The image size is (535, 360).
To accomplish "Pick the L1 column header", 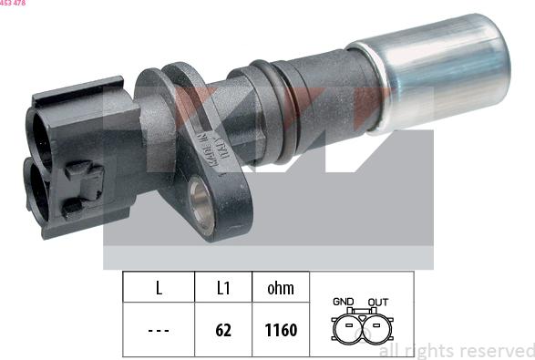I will pos(223,289).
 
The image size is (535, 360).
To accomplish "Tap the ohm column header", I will pos(280,289).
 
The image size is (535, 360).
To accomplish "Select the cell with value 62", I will pos(223,329).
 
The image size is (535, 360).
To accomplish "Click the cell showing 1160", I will pos(280,329).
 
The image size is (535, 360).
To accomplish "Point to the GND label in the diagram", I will pos(344,302).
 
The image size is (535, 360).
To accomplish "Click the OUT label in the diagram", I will pos(377,302).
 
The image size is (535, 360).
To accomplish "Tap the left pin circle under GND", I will pos(345,327).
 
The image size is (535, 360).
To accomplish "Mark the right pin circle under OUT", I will pos(377,327).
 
